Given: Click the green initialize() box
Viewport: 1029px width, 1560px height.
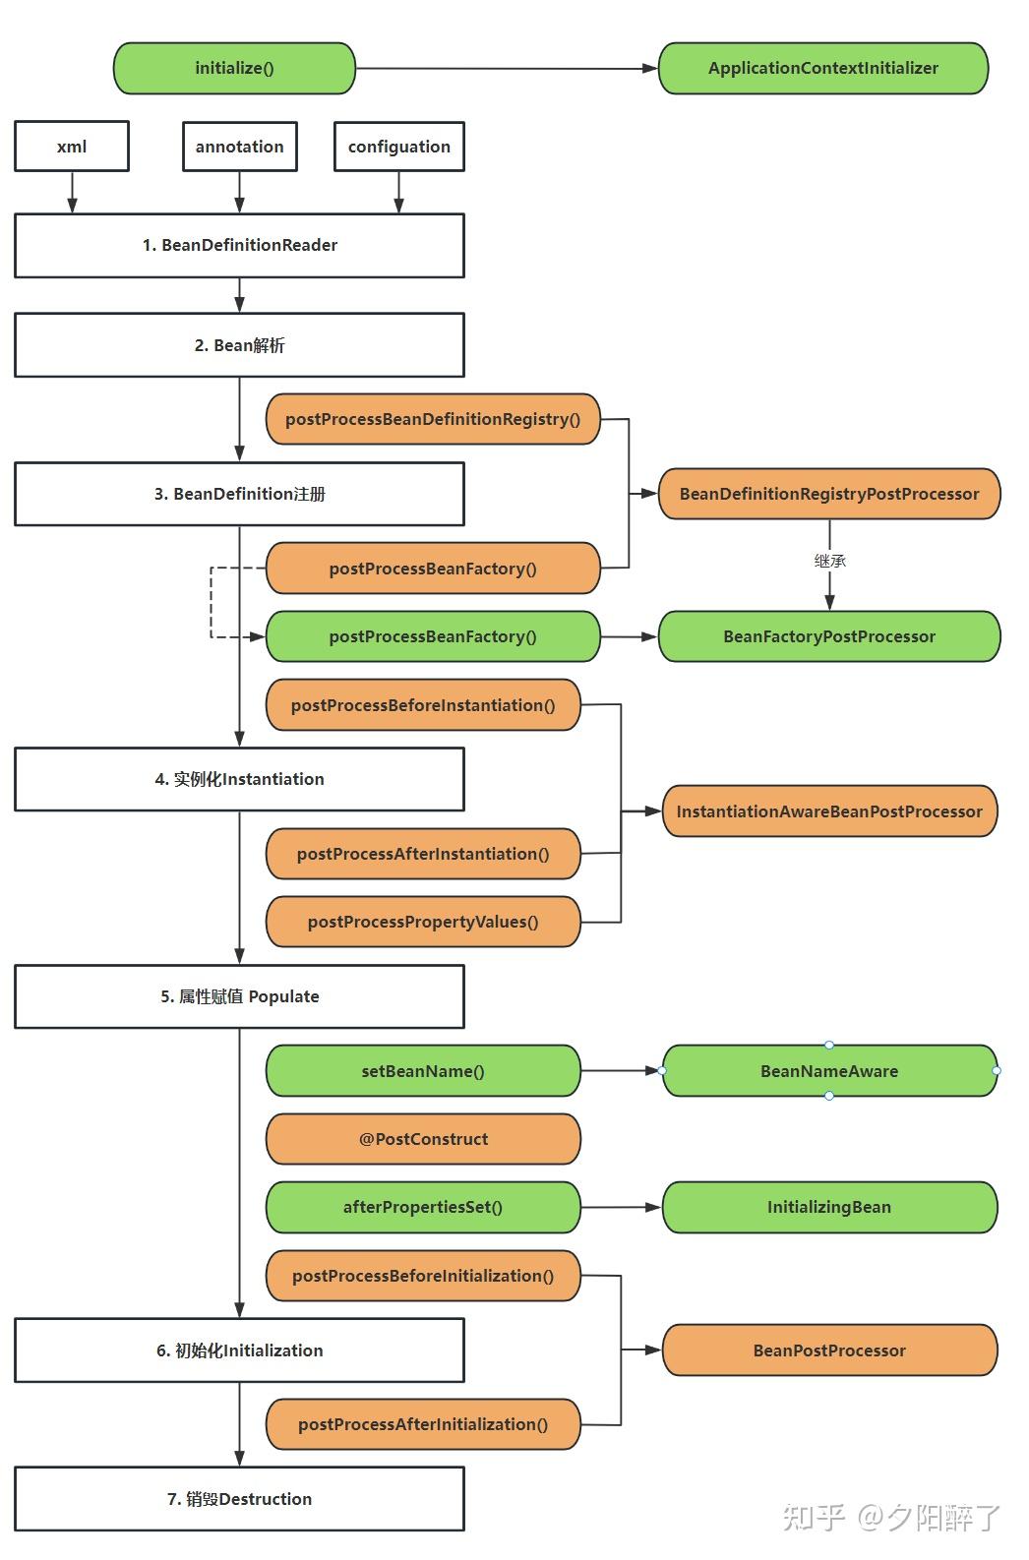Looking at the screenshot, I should [234, 69].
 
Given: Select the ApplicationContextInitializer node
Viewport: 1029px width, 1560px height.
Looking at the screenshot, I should [822, 69].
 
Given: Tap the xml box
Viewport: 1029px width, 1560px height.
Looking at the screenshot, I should [72, 147].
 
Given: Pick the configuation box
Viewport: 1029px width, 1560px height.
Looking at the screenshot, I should [398, 147].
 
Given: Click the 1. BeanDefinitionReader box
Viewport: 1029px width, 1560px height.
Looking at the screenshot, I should [239, 246].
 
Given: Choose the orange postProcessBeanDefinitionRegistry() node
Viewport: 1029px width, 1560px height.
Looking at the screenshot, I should [433, 419].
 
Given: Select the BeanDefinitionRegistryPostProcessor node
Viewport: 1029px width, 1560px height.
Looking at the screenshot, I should [828, 494].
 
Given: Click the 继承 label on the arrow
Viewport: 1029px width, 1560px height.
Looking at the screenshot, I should [829, 561].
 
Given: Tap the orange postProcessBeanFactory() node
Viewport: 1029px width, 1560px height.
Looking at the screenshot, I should [433, 569].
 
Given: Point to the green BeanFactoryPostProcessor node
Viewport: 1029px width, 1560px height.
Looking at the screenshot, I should [828, 636].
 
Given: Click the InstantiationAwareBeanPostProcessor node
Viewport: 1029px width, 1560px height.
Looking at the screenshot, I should [828, 811].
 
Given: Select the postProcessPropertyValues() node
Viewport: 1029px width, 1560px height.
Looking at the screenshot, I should [423, 922].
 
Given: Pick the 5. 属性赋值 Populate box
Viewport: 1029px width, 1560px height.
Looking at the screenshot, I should [239, 996].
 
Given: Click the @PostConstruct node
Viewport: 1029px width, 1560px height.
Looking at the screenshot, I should [423, 1139].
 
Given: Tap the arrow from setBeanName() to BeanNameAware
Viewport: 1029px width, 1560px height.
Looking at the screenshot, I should [620, 1070].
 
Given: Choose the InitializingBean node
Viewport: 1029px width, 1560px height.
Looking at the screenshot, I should [828, 1207].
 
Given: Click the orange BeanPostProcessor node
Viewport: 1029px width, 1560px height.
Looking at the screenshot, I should [828, 1350].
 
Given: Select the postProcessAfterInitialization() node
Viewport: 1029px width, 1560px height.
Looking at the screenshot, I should [423, 1424].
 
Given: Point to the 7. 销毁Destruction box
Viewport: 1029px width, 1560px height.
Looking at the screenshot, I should [239, 1499].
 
